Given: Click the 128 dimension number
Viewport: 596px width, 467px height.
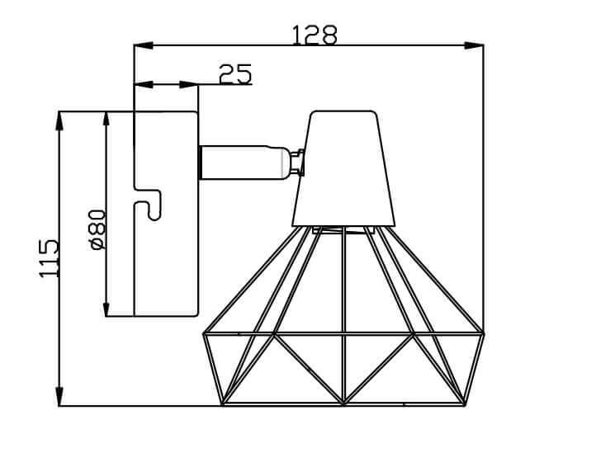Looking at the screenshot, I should (315, 35).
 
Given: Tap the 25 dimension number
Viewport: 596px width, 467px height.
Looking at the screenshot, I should (235, 74).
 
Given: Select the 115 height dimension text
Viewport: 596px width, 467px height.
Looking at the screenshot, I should (49, 257).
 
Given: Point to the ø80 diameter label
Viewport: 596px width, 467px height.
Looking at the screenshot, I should (97, 229).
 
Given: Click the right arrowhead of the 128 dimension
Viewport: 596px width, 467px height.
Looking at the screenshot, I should (475, 45).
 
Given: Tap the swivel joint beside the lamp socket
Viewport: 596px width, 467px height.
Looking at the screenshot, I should (295, 162).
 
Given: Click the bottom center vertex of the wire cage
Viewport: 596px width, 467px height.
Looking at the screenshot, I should (343, 404).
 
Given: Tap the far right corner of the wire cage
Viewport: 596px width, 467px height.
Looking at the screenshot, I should (484, 333).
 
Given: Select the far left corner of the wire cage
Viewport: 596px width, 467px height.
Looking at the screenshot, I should (204, 333).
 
